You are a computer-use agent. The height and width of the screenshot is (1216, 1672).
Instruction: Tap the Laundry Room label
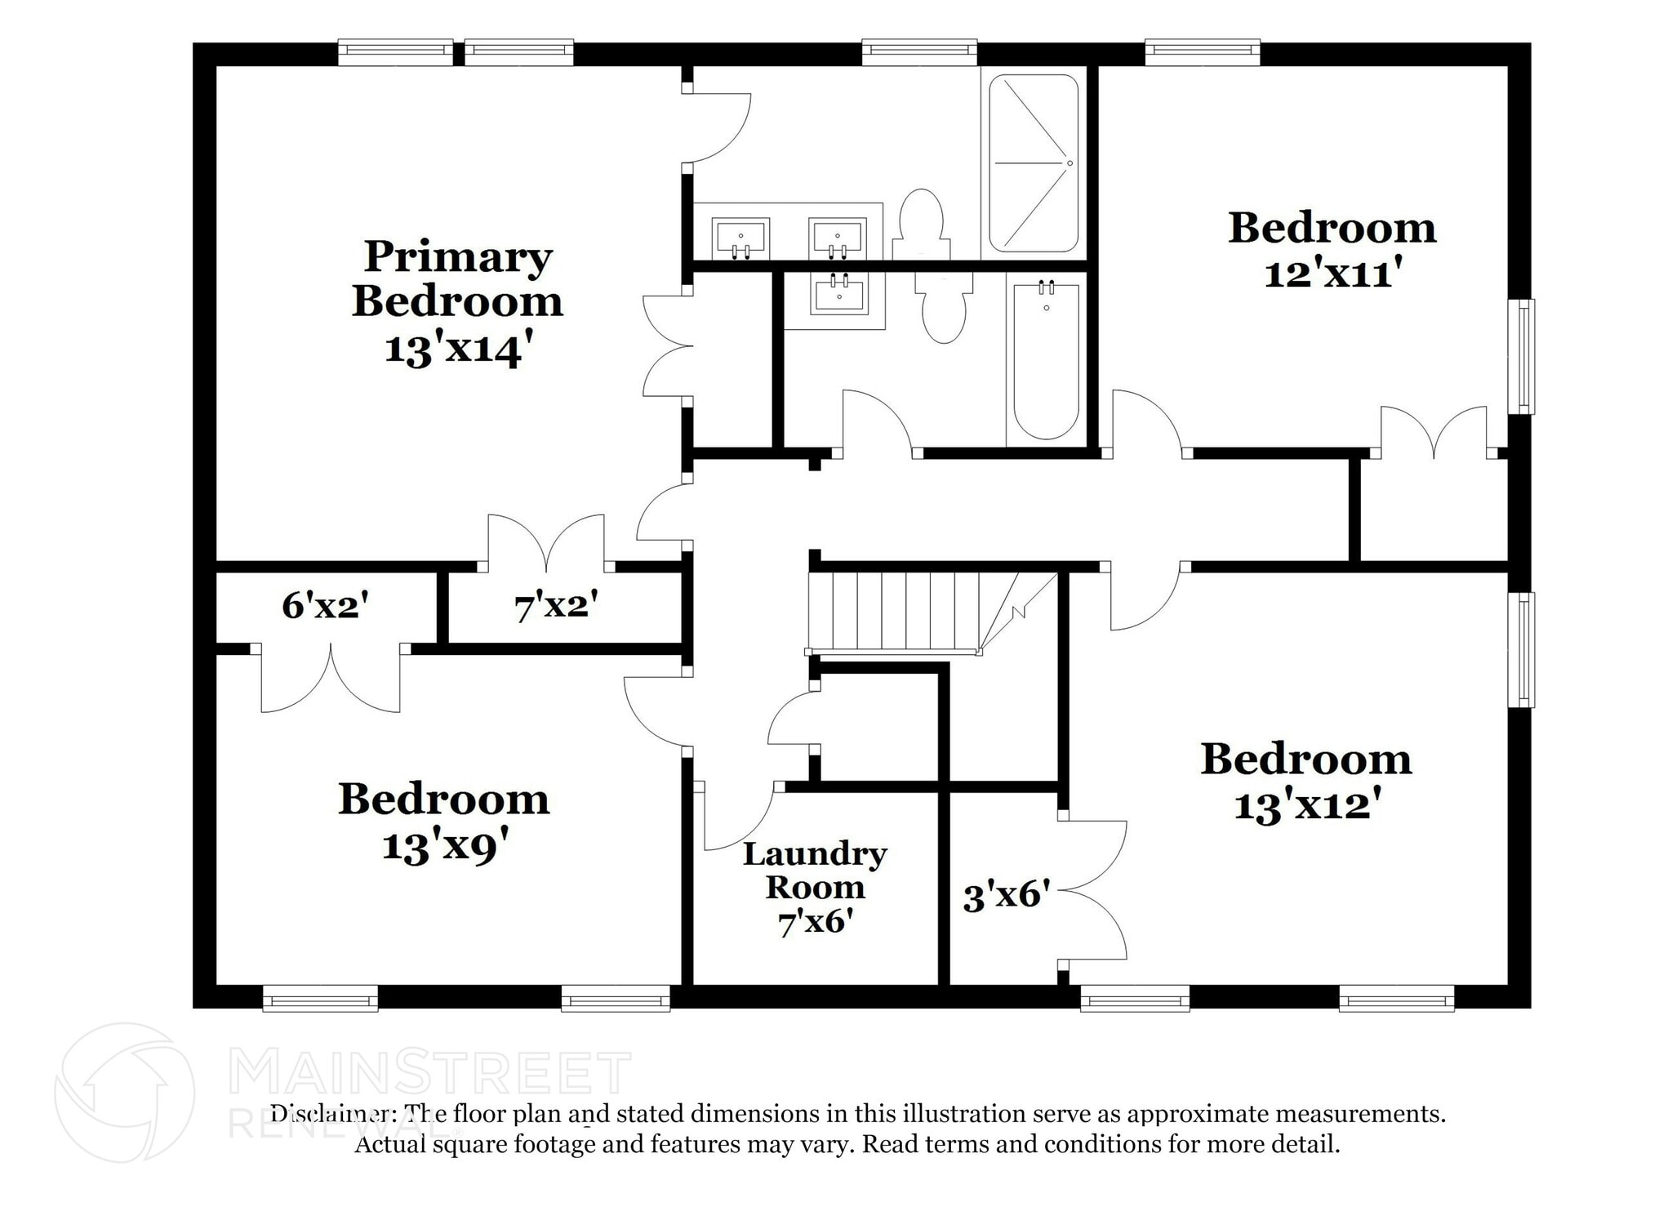coord(815,871)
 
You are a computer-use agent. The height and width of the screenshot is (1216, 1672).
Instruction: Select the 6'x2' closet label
coord(325,605)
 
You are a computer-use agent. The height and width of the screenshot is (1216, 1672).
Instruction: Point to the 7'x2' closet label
coord(556,606)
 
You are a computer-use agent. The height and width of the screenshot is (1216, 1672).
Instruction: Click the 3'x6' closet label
coord(1006,895)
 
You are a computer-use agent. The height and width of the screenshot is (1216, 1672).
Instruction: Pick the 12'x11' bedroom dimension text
coord(1332,272)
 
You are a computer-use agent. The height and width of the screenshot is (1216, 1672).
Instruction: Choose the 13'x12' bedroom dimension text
coord(1306,805)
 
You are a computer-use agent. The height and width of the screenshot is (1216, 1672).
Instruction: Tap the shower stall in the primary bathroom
coord(1034,163)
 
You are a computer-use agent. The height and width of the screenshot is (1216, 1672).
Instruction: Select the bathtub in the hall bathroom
coord(1046,359)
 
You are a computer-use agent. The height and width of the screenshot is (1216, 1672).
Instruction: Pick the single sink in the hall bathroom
coord(838,295)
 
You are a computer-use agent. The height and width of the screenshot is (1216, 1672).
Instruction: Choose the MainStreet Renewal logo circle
coord(124,1093)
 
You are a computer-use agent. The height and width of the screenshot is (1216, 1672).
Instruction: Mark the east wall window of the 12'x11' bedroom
coord(1521,356)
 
